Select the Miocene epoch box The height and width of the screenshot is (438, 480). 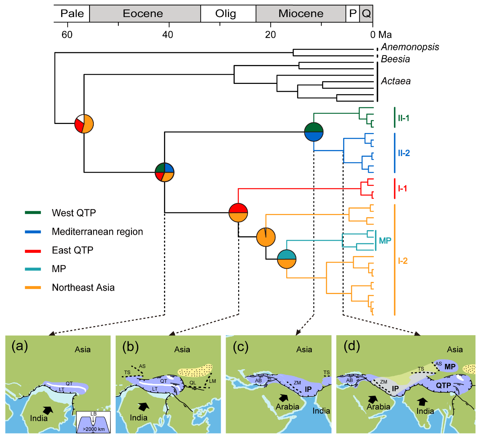coord(301,14)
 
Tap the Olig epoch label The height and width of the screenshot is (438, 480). coord(226,14)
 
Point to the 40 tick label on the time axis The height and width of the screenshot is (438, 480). coord(168,35)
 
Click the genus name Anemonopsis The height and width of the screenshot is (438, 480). coord(410,47)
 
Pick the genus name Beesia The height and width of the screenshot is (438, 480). coord(395,59)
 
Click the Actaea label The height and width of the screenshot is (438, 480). coord(396,81)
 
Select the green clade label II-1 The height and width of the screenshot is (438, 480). coord(403,118)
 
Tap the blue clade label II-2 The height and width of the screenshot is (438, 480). coord(404,153)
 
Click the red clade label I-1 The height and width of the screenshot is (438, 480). coord(403,188)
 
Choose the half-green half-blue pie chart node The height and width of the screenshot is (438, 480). coord(314,132)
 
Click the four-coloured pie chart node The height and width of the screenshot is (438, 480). coord(165,172)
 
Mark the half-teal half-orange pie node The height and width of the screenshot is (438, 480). coord(286,259)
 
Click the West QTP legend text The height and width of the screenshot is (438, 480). coord(74,213)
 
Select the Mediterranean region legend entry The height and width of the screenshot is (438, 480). coord(97,232)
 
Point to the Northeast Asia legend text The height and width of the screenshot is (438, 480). coord(83,288)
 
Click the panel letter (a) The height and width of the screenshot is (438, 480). coord(20,346)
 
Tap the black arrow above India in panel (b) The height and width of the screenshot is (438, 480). coord(144,406)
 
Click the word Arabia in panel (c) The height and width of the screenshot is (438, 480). coord(287,407)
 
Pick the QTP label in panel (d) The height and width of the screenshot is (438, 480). coord(443,385)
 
